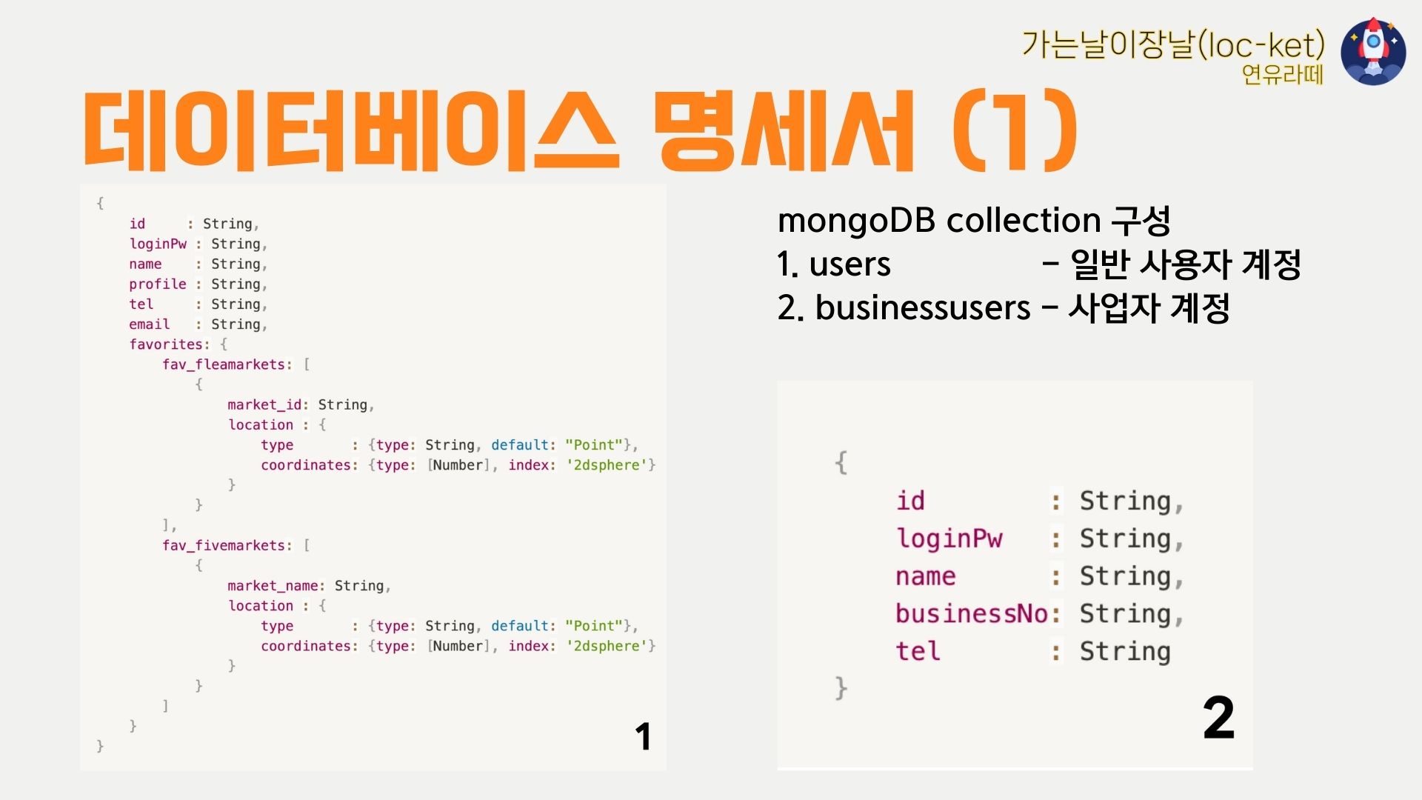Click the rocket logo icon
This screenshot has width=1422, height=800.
(1373, 52)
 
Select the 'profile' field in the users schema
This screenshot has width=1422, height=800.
(158, 284)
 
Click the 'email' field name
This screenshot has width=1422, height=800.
(150, 324)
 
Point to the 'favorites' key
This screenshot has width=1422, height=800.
(167, 344)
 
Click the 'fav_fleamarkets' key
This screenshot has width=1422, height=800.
(224, 364)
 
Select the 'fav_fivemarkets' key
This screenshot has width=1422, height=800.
(224, 545)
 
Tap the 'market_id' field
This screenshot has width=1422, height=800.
(264, 404)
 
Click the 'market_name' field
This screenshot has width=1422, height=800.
(273, 586)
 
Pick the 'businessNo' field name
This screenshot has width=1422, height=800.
(971, 614)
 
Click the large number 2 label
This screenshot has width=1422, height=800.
(1218, 718)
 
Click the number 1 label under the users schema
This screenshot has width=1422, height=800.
(643, 737)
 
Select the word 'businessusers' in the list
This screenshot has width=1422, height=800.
(923, 307)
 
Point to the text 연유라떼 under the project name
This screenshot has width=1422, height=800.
(1282, 74)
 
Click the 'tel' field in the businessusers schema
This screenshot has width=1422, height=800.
(918, 652)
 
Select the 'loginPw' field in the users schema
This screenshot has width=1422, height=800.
(158, 244)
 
